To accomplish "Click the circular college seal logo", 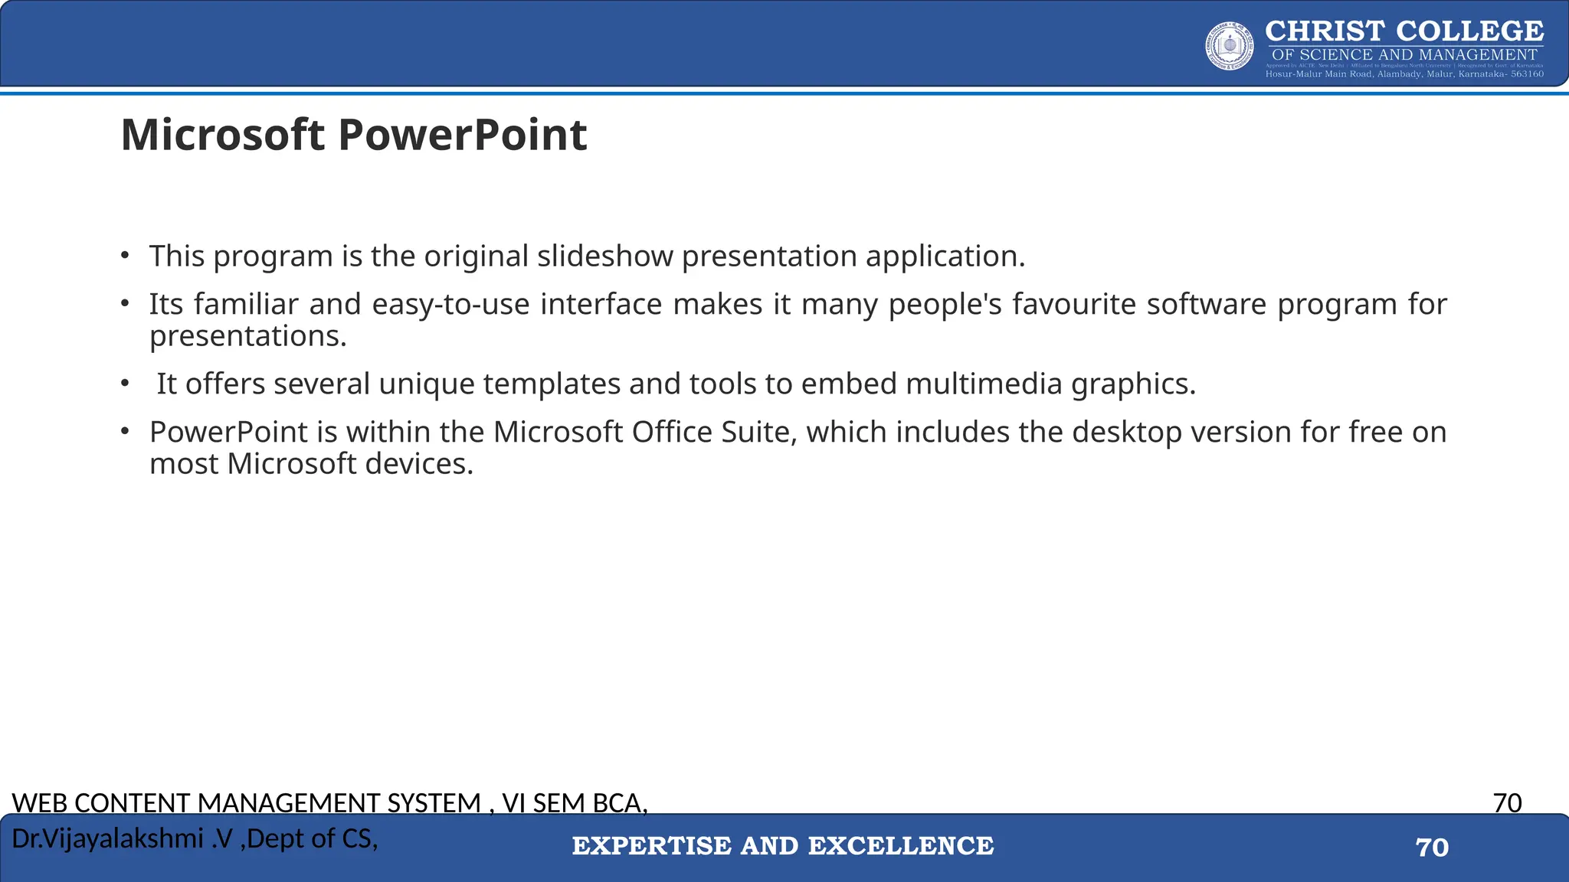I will tap(1230, 46).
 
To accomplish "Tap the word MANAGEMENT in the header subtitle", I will tap(1478, 55).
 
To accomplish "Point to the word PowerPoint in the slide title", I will tap(462, 136).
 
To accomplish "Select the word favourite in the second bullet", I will tap(1074, 305).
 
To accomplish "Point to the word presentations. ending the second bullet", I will tap(248, 336).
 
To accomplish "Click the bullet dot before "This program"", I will tap(124, 256).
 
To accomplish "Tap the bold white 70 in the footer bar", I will tap(1432, 848).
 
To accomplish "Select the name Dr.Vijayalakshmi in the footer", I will tap(107, 839).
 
